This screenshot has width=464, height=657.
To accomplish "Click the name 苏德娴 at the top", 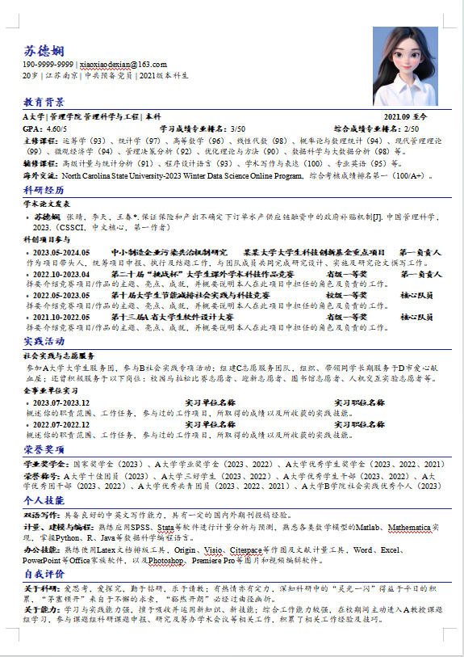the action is point(42,51).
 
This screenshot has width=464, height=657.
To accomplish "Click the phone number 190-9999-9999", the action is point(49,64).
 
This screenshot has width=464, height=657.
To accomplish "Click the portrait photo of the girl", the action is point(404,65).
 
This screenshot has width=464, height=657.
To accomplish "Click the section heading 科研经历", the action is point(44,190).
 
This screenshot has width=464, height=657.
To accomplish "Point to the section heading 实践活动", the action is point(44,342).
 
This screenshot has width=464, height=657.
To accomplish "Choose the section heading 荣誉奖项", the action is point(44,449).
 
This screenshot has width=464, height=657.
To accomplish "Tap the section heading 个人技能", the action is point(44,500).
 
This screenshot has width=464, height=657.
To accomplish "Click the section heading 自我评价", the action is point(44,574).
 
